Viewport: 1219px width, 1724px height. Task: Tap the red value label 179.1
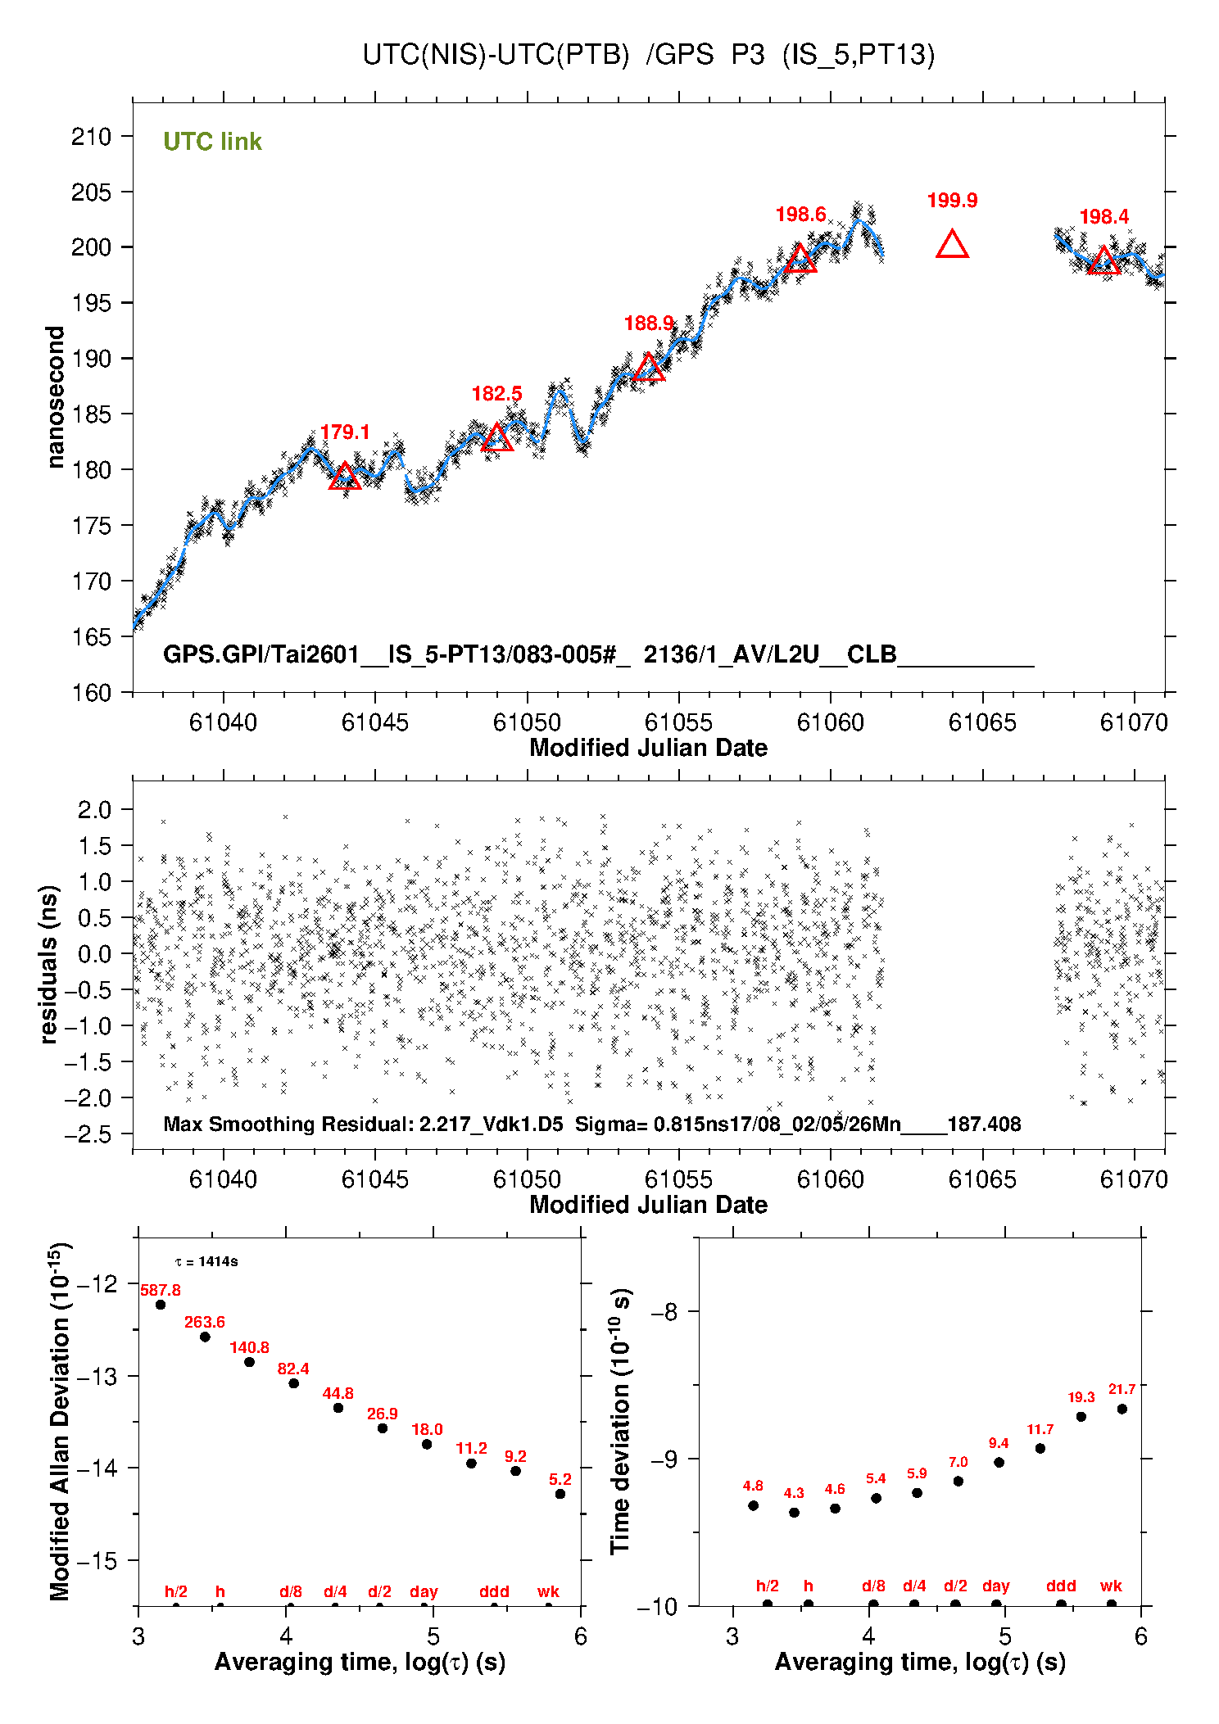[345, 432]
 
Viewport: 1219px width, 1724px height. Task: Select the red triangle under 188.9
[649, 368]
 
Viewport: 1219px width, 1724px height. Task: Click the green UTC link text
[212, 142]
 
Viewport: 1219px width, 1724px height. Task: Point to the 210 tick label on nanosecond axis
[91, 137]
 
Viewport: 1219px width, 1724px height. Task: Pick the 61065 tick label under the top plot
[981, 722]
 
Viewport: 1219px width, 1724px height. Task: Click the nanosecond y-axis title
[55, 397]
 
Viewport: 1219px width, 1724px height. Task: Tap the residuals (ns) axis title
[49, 964]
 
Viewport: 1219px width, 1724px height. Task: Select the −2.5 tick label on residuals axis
[88, 1134]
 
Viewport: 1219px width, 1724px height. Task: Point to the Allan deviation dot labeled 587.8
[161, 1305]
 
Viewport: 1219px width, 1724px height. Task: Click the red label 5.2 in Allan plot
[560, 1479]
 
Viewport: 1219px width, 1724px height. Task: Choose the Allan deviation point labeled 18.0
[427, 1444]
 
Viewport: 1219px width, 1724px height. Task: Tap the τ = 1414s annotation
[206, 1262]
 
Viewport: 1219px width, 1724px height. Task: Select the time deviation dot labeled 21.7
[1122, 1409]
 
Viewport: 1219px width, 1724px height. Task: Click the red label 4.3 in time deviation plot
[794, 1493]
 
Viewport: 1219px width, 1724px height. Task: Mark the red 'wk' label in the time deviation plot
[1111, 1586]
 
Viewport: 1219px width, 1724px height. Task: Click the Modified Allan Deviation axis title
[59, 1421]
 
